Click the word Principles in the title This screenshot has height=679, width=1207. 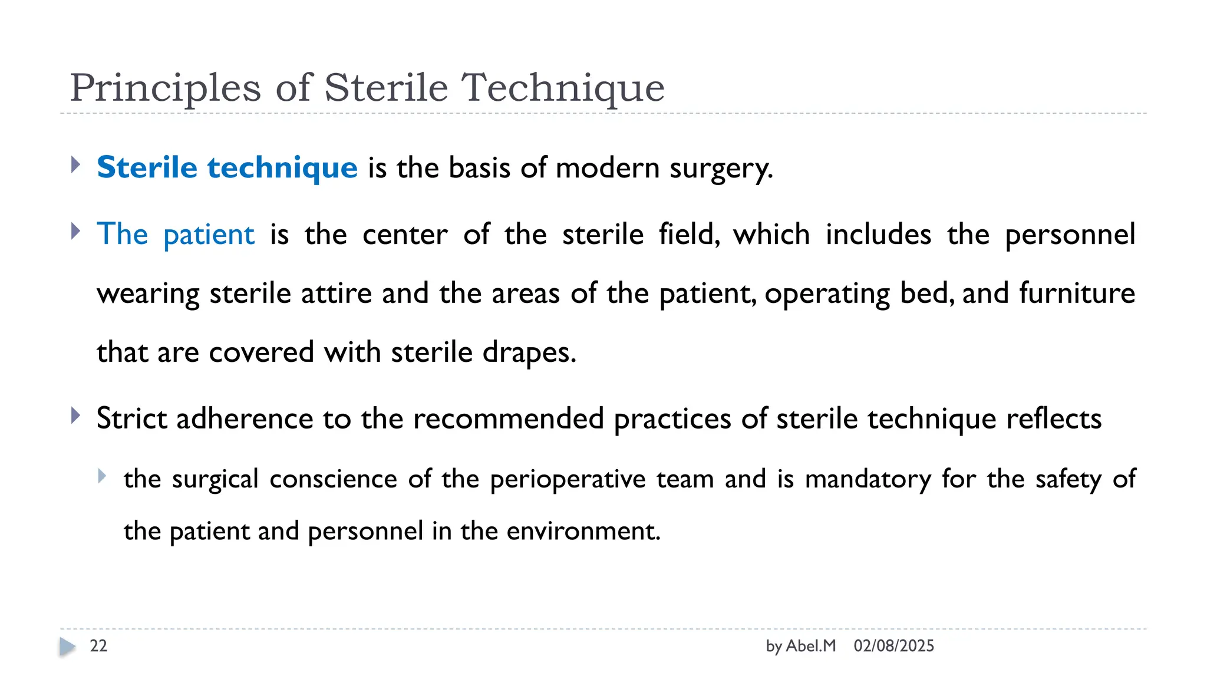pyautogui.click(x=165, y=88)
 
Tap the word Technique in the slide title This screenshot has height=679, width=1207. pyautogui.click(x=563, y=88)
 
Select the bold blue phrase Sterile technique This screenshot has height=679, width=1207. pyautogui.click(x=227, y=167)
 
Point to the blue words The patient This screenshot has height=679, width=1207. pyautogui.click(x=176, y=235)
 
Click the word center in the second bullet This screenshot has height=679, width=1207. pyautogui.click(x=405, y=235)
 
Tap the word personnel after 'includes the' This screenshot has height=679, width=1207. pyautogui.click(x=1070, y=235)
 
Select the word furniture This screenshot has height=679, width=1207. pyautogui.click(x=1077, y=293)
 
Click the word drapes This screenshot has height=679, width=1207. pyautogui.click(x=528, y=352)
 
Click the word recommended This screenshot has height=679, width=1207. pyautogui.click(x=508, y=418)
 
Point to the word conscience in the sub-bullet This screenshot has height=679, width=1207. pyautogui.click(x=333, y=479)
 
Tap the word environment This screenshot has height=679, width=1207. pyautogui.click(x=583, y=531)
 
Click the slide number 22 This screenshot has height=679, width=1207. pyautogui.click(x=98, y=646)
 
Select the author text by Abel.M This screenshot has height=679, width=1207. pyautogui.click(x=800, y=646)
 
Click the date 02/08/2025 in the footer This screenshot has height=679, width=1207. pyautogui.click(x=893, y=646)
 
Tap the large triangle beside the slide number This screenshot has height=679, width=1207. pyautogui.click(x=67, y=647)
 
